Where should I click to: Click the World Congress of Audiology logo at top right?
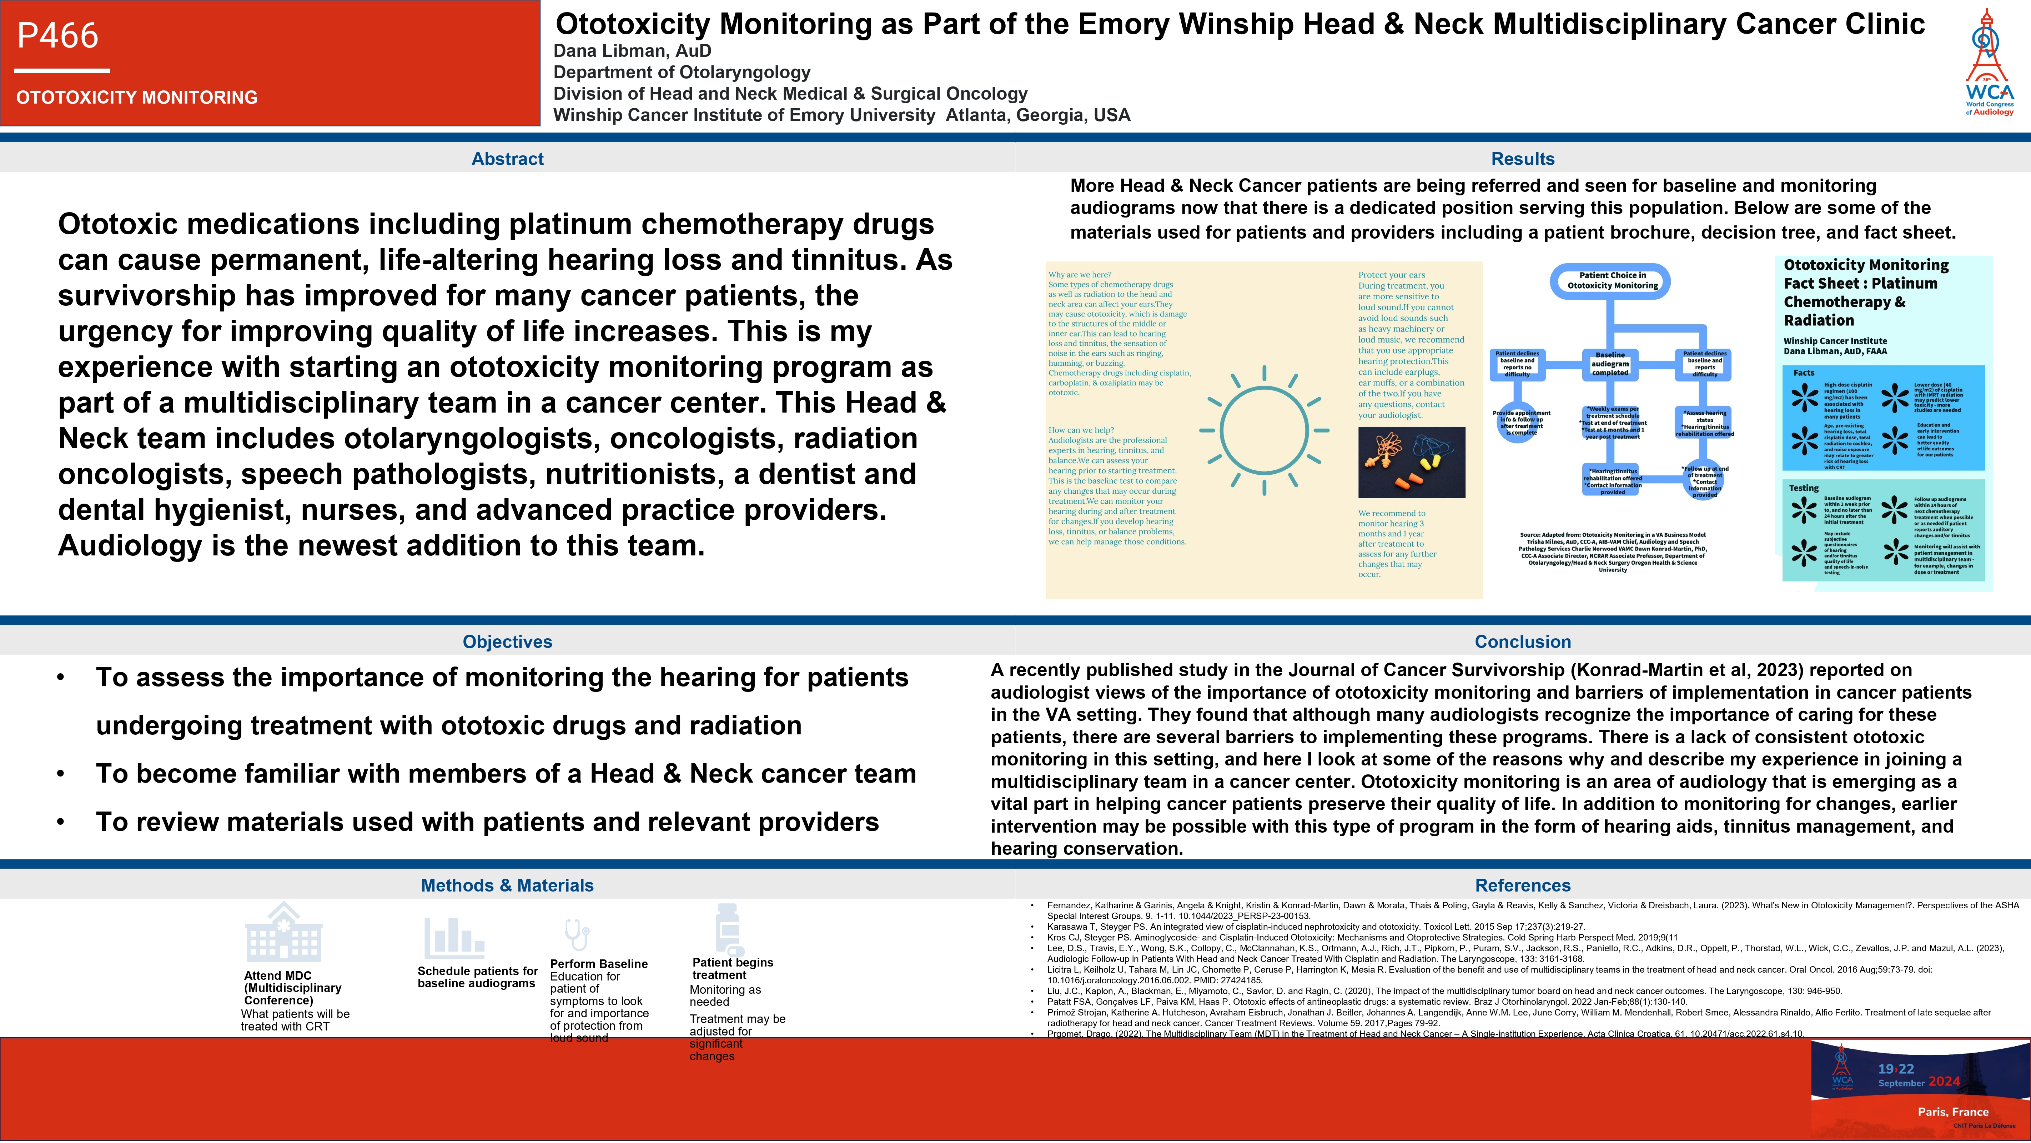[x=1989, y=63]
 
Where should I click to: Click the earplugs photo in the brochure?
[x=1411, y=462]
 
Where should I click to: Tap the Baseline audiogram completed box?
[x=1610, y=364]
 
